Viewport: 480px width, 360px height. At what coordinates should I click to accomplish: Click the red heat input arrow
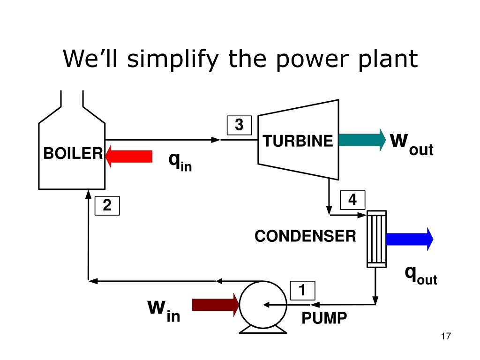coord(129,156)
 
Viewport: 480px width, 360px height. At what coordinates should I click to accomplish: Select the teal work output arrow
coord(362,140)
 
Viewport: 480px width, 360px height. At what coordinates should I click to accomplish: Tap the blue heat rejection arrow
coord(410,239)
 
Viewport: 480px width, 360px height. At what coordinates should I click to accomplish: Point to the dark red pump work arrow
coord(216,305)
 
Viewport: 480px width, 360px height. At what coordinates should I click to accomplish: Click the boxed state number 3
coord(239,125)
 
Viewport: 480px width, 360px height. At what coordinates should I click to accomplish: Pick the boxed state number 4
coord(352,200)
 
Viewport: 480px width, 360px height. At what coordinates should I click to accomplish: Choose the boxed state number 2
coord(107,205)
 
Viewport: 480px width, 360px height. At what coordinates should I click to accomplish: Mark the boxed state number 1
coord(302,291)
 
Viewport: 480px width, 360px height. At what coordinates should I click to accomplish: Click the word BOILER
coord(73,153)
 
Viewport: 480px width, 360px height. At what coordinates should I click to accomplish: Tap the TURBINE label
coord(298,141)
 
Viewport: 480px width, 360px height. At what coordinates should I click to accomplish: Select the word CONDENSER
coord(305,236)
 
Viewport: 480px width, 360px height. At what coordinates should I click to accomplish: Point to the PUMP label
coord(324,318)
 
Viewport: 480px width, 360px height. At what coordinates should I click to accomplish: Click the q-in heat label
coord(180,162)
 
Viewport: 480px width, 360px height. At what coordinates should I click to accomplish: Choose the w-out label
coord(412,144)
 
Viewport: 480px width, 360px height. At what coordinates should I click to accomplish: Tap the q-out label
coord(421,275)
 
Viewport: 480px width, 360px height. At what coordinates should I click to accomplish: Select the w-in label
coord(164,311)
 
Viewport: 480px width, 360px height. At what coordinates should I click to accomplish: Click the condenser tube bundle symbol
coord(376,239)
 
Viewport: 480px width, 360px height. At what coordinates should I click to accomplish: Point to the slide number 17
coord(446,336)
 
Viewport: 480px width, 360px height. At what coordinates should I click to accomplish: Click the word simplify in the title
coord(173,59)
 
